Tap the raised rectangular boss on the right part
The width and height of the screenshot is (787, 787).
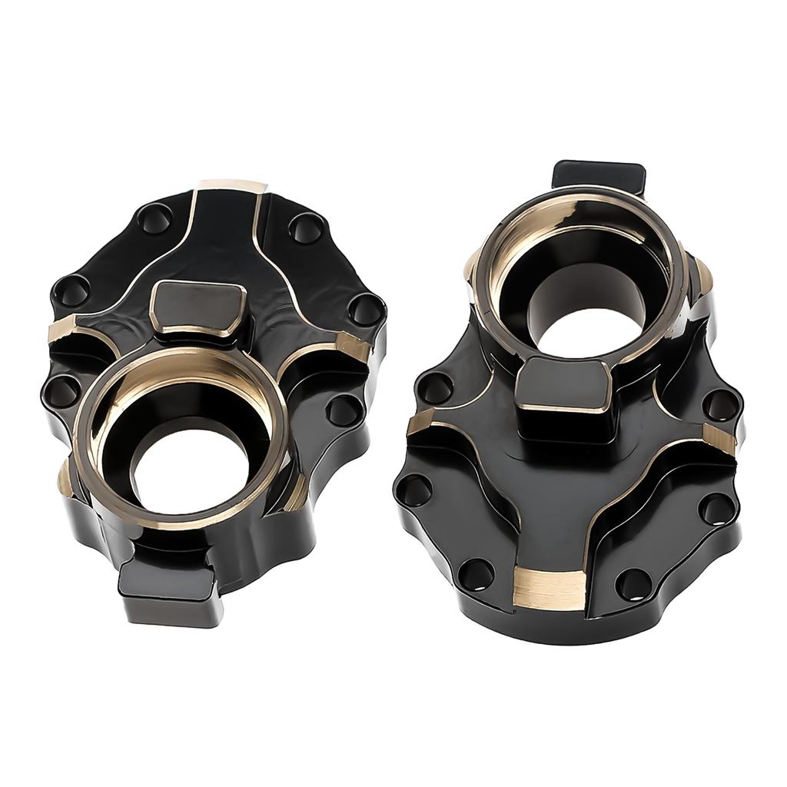(x=565, y=384)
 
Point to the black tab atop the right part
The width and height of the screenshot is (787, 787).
(x=599, y=177)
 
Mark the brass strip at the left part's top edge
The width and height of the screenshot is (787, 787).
(x=231, y=188)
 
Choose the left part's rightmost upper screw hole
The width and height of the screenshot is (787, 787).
(x=364, y=309)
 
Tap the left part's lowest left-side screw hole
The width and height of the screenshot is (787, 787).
(x=61, y=392)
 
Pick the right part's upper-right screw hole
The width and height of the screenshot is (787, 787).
(x=721, y=406)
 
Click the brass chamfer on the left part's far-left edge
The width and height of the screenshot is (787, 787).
(x=65, y=331)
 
